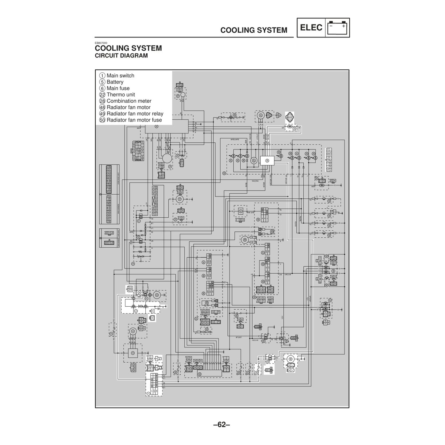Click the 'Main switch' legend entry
(120, 76)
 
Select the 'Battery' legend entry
(115, 82)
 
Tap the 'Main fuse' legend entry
(118, 88)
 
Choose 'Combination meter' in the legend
(129, 101)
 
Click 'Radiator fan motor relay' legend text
(135, 114)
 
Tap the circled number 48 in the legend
(102, 108)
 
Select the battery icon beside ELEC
(337, 28)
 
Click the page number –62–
(222, 425)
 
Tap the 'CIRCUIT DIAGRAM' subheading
(122, 56)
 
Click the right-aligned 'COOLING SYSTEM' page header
(254, 30)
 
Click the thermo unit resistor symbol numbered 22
(290, 126)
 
